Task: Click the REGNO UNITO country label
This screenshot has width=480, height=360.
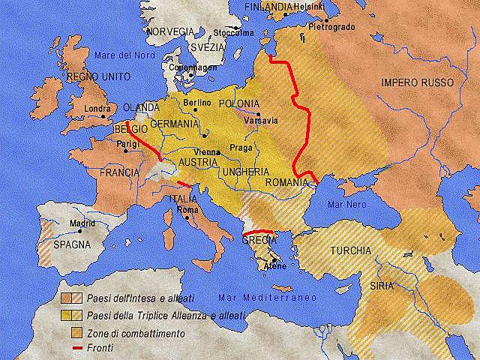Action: pyautogui.click(x=98, y=77)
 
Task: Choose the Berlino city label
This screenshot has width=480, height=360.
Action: pyautogui.click(x=196, y=101)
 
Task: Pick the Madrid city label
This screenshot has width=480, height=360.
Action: pyautogui.click(x=82, y=223)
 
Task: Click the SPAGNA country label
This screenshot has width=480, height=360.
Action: pyautogui.click(x=71, y=244)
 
